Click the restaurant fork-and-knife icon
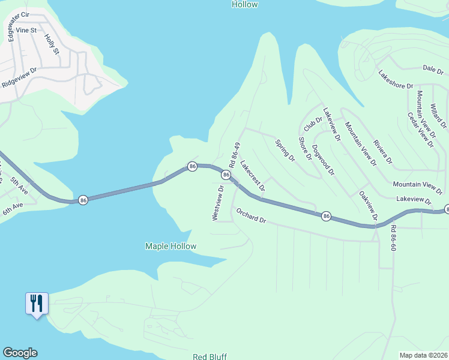(36, 304)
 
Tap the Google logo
(20, 353)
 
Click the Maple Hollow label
(170, 246)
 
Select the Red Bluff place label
(209, 356)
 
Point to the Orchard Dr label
(250, 215)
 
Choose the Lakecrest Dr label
(253, 176)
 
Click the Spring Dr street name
(285, 151)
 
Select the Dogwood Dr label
(324, 160)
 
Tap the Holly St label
(52, 44)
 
